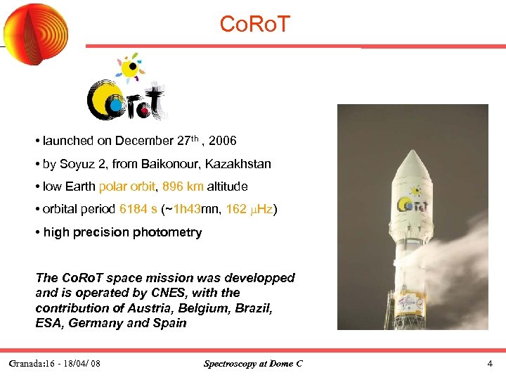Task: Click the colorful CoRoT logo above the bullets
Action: (126, 89)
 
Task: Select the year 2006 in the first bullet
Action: (222, 141)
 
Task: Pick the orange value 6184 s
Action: (138, 209)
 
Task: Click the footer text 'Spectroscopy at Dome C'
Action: (253, 364)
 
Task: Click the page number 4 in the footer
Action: (489, 364)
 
